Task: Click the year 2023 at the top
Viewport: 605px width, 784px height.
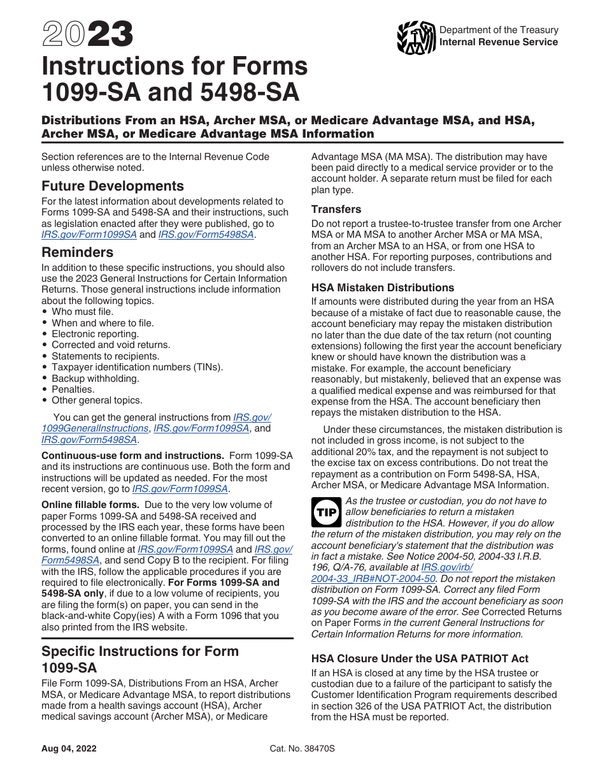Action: (87, 34)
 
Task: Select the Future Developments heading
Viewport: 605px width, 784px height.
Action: (113, 186)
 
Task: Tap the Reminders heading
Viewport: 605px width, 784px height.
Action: (78, 252)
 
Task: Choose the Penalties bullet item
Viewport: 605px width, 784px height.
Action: (73, 389)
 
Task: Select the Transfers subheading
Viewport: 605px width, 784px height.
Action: (336, 209)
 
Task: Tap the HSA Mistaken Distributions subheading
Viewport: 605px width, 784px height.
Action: (383, 287)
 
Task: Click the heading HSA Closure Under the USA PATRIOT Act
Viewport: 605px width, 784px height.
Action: (420, 658)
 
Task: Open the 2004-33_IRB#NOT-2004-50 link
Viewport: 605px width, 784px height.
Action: (373, 579)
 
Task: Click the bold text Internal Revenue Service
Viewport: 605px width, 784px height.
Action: (499, 42)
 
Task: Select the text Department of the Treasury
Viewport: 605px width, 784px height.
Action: (499, 30)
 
